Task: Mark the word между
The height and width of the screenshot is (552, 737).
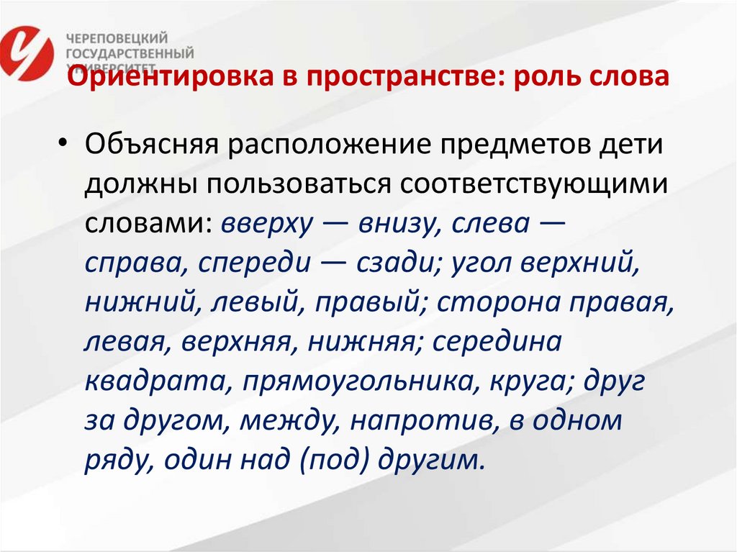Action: coord(286,420)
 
